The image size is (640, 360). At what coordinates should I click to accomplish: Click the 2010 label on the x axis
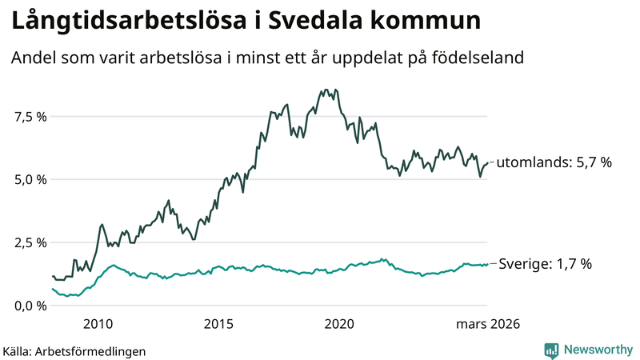(97, 324)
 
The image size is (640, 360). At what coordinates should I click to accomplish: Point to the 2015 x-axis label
(218, 324)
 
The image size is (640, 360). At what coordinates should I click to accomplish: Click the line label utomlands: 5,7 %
(554, 162)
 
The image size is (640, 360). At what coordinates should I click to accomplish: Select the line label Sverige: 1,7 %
(545, 263)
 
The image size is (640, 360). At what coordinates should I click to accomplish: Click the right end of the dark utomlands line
(487, 162)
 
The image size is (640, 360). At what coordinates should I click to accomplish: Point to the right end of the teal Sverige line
(487, 264)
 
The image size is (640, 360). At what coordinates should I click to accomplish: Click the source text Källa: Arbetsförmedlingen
(74, 350)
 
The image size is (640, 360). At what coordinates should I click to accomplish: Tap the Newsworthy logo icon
(551, 350)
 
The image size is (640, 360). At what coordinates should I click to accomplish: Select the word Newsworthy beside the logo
(598, 350)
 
